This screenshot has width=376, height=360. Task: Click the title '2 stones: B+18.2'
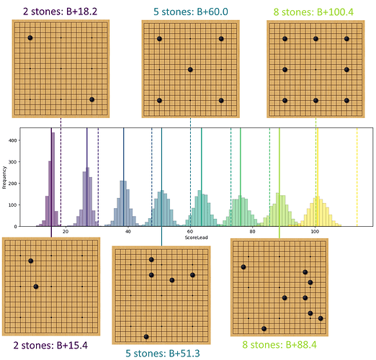point(61,12)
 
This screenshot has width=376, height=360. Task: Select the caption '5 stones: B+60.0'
point(191,12)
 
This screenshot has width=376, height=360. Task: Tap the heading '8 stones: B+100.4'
point(313,12)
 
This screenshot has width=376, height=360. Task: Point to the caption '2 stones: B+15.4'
point(50,346)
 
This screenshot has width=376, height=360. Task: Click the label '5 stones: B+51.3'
point(163,354)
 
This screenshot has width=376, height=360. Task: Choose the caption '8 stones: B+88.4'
point(279,345)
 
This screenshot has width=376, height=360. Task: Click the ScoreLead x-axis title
point(196,238)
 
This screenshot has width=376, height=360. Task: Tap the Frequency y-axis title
point(4,177)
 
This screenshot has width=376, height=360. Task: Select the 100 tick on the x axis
point(315,231)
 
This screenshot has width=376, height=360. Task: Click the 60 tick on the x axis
point(190,231)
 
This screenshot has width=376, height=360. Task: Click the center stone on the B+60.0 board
point(190,70)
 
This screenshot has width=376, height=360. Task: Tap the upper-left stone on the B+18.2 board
point(30,37)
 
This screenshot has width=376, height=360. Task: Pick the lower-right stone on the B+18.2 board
point(91,99)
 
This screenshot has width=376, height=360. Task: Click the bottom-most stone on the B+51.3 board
point(146,336)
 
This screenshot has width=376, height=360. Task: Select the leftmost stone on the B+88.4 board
point(243,267)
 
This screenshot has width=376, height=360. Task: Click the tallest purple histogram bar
point(53,179)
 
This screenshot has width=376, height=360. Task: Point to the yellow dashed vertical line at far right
point(357,177)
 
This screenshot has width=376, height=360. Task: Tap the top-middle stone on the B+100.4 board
point(315,39)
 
